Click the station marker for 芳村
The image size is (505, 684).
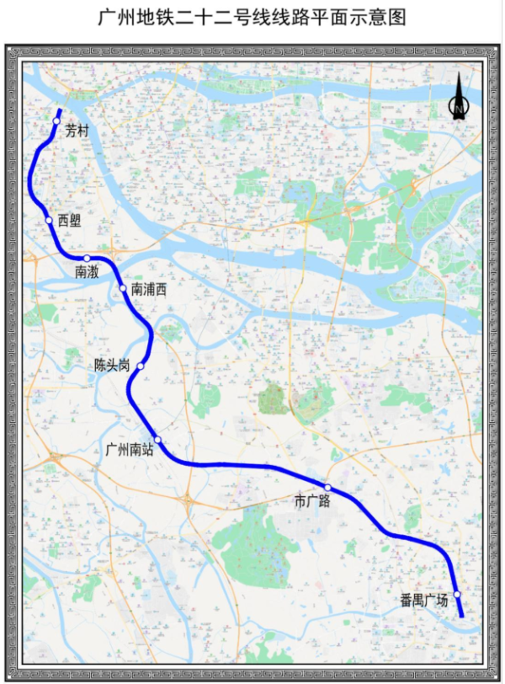tap(56, 122)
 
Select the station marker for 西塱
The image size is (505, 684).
tap(50, 221)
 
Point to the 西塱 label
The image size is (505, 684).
tap(70, 221)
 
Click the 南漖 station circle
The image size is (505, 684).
tap(87, 258)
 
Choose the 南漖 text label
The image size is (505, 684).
tap(87, 272)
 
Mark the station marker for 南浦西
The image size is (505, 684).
tap(124, 289)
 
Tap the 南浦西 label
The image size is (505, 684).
tap(149, 290)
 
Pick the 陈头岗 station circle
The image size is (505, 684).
tap(141, 366)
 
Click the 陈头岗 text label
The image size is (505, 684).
tap(112, 366)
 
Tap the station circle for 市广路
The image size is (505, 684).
tap(328, 488)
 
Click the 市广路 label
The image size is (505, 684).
tap(312, 502)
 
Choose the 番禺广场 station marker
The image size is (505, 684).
tap(457, 595)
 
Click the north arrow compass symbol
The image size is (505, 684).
tap(458, 98)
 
